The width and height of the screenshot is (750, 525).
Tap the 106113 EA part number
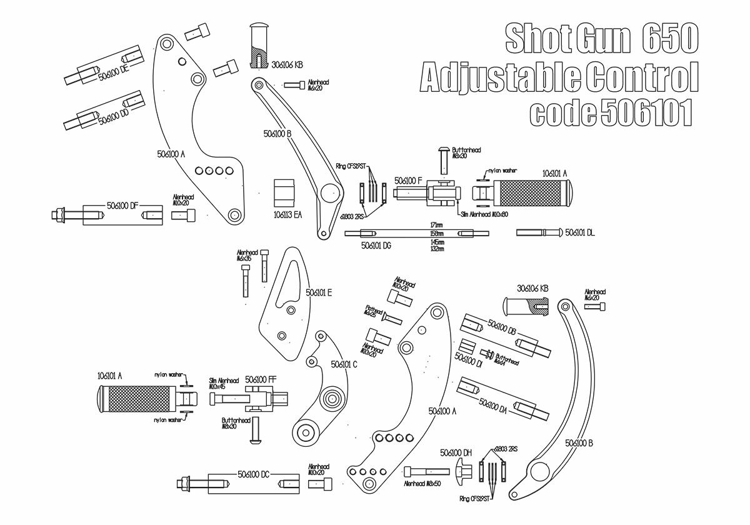[287, 214]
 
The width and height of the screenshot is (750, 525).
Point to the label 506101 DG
[376, 246]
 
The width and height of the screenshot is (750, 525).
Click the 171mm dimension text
[437, 224]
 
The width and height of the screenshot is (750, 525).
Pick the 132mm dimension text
[437, 249]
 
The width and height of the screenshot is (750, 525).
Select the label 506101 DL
[580, 232]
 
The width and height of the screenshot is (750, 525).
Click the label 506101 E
[319, 292]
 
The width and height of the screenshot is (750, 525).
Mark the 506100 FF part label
[261, 379]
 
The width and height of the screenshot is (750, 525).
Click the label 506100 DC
[253, 474]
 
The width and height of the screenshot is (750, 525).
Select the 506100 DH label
[456, 452]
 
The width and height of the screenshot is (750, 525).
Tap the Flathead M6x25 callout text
[374, 311]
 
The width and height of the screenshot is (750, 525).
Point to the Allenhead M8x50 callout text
[423, 484]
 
